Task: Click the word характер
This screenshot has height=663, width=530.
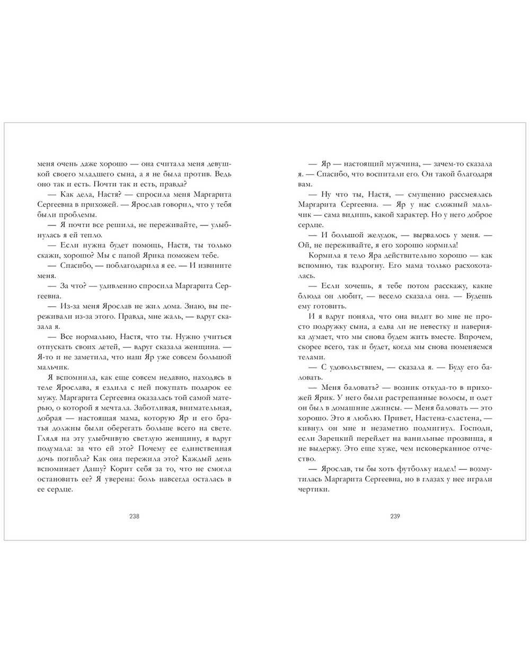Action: click(x=408, y=215)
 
